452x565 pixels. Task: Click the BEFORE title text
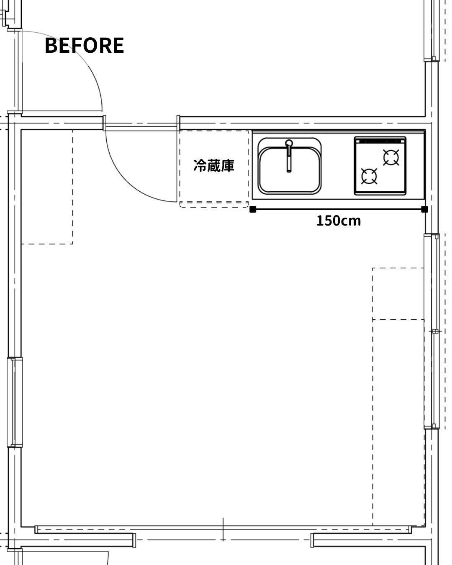(x=84, y=45)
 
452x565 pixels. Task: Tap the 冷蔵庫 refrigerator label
(x=214, y=166)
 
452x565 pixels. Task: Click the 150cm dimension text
(x=339, y=221)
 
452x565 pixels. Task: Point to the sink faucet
(x=289, y=156)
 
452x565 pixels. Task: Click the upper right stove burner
(x=391, y=157)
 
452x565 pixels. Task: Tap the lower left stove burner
(x=369, y=176)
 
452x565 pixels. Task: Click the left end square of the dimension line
(x=253, y=209)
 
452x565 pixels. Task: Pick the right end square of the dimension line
(x=424, y=209)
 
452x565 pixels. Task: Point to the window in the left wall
(x=15, y=402)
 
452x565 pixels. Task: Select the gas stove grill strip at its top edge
(x=380, y=141)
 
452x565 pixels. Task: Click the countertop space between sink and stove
(x=338, y=166)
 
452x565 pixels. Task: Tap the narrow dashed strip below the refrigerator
(x=214, y=205)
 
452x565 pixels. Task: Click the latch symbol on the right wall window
(x=435, y=331)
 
